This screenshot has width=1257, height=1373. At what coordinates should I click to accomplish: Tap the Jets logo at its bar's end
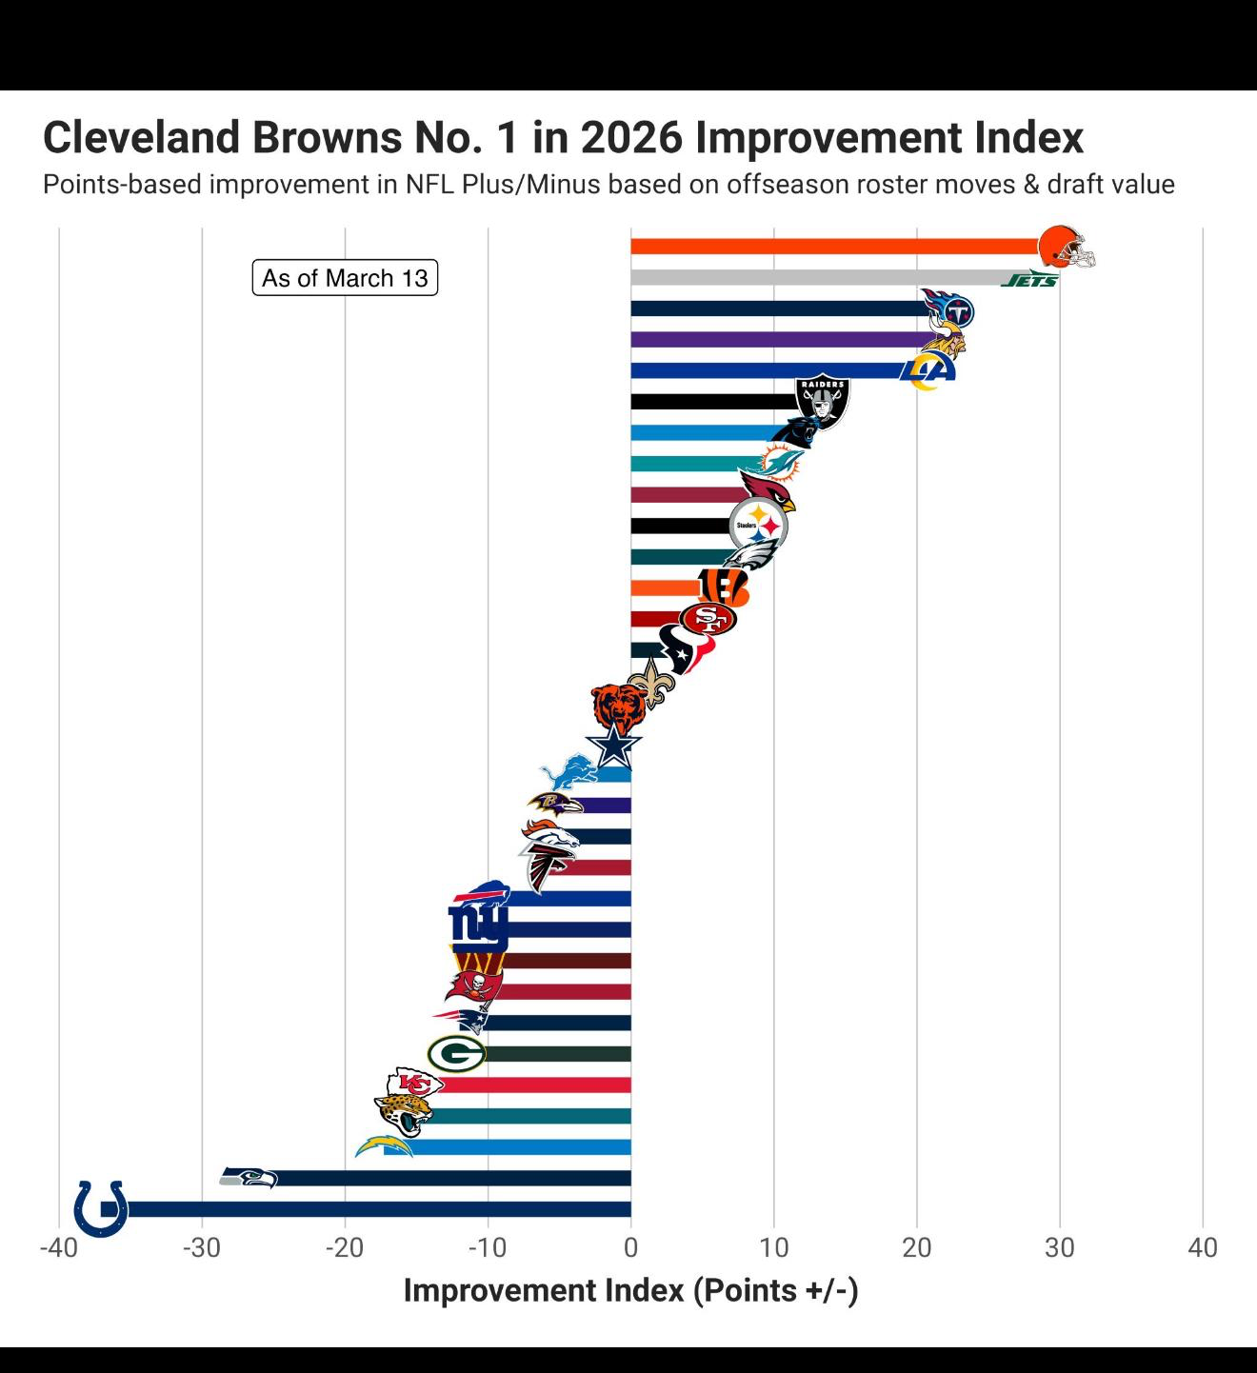point(1030,280)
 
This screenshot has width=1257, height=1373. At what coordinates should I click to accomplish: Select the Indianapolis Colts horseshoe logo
point(101,1208)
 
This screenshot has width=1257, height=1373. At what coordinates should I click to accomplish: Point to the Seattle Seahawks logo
point(249,1177)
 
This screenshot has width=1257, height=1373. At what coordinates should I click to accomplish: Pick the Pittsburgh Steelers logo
point(758,526)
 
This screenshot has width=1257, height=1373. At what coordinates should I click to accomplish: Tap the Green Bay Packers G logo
point(456,1054)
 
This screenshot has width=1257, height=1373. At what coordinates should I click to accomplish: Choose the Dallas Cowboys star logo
point(613,746)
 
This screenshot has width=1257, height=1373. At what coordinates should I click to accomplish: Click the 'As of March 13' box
point(345,278)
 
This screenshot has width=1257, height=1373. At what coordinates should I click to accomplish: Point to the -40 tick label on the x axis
point(58,1247)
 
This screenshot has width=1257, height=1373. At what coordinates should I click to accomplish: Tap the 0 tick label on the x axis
point(630,1247)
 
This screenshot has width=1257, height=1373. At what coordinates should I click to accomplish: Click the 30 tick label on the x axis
point(1059,1247)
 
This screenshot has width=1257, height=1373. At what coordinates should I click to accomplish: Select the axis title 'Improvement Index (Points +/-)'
point(630,1290)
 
